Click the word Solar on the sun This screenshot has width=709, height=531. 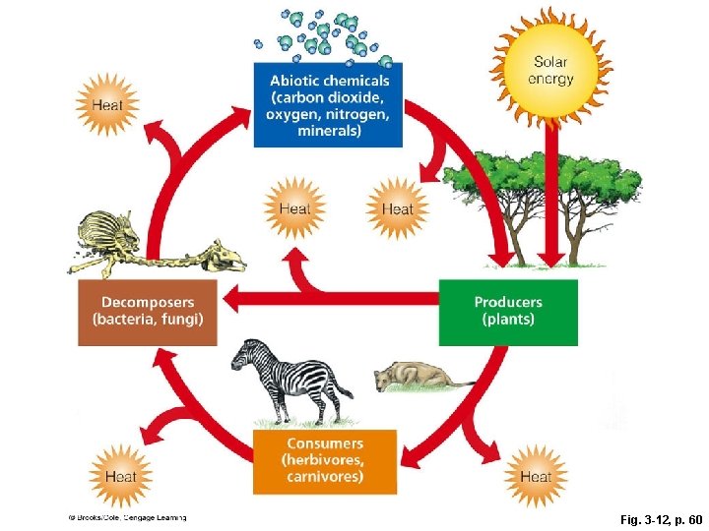pos(551,61)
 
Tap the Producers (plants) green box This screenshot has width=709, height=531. pos(507,312)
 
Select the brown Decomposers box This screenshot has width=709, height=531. pos(148,312)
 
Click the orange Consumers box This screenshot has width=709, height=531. pos(324,460)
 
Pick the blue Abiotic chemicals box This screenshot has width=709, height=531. pos(328,104)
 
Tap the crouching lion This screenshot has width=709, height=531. pos(414,377)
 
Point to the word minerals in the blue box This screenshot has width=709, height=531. pos(328,131)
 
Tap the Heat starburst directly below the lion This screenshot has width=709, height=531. pos(535,477)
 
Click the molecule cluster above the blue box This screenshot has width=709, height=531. pos(325,34)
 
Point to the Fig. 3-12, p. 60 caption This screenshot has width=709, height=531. pos(654,517)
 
